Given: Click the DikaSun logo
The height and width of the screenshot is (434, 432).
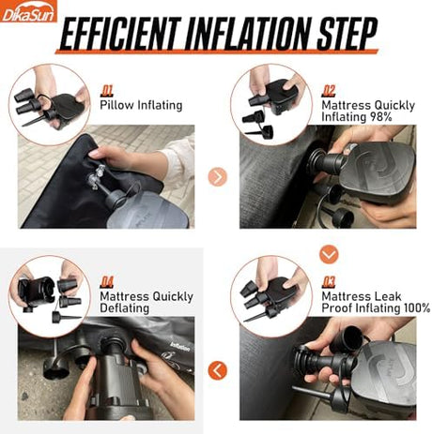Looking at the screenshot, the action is (x=28, y=11).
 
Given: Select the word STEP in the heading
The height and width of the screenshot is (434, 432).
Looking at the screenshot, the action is (x=347, y=33).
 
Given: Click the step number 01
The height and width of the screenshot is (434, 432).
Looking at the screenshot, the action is (x=107, y=91).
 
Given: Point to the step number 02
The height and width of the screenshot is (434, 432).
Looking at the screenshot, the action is (x=329, y=91).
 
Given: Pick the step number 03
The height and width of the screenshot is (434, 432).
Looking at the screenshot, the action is (x=329, y=282).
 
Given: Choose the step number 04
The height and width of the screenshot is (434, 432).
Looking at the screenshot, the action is (x=107, y=282).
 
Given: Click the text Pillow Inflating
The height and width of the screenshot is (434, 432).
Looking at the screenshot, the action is (x=141, y=105).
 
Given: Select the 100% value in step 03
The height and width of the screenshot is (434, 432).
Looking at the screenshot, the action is (x=416, y=308).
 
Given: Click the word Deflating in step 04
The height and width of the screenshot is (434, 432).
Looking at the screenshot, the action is (x=125, y=308).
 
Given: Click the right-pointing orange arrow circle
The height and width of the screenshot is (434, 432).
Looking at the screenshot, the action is (x=217, y=177).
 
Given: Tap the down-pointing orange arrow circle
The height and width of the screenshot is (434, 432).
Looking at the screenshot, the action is (x=329, y=254).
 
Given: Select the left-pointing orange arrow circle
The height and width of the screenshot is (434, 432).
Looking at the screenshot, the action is (x=217, y=370).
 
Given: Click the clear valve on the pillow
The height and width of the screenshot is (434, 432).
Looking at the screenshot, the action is (x=97, y=179).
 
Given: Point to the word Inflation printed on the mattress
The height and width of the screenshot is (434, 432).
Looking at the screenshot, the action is (x=180, y=347).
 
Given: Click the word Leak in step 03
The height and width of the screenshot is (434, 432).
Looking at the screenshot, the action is (x=388, y=296).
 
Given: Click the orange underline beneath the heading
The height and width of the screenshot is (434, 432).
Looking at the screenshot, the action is (x=217, y=52).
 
